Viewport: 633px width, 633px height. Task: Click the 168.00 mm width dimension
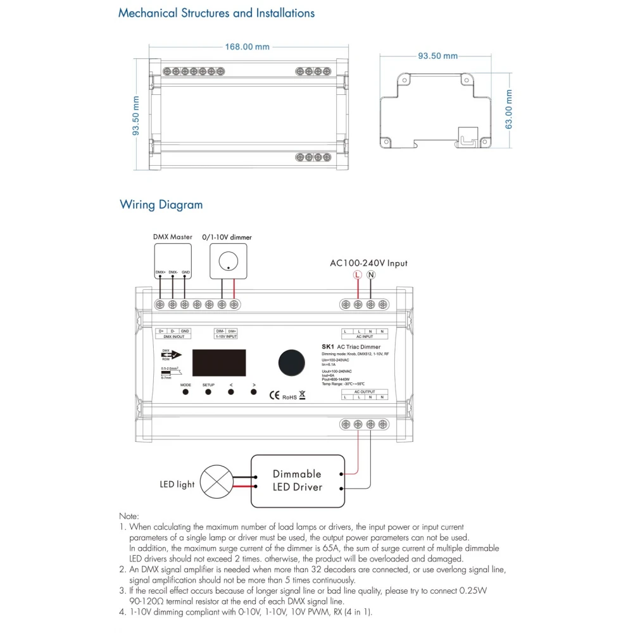click(x=248, y=47)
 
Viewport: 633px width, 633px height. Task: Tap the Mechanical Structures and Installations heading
click(x=216, y=13)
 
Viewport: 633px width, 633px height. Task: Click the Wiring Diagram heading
click(x=161, y=204)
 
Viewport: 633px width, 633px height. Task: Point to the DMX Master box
click(x=173, y=261)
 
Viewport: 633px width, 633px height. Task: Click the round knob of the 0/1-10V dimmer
click(x=226, y=261)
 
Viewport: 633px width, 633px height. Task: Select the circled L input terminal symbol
click(x=358, y=275)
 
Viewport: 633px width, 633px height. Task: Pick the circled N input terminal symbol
click(x=371, y=275)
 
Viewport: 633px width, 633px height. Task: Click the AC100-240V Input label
click(x=368, y=263)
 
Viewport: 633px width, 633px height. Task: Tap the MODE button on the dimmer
click(x=185, y=392)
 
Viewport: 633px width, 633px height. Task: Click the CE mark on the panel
click(x=275, y=396)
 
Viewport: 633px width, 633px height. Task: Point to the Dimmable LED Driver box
click(x=297, y=480)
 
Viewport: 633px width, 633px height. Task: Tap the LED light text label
click(x=177, y=484)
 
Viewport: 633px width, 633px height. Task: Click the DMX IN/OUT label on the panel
click(x=173, y=337)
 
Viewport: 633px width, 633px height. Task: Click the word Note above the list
click(x=128, y=517)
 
